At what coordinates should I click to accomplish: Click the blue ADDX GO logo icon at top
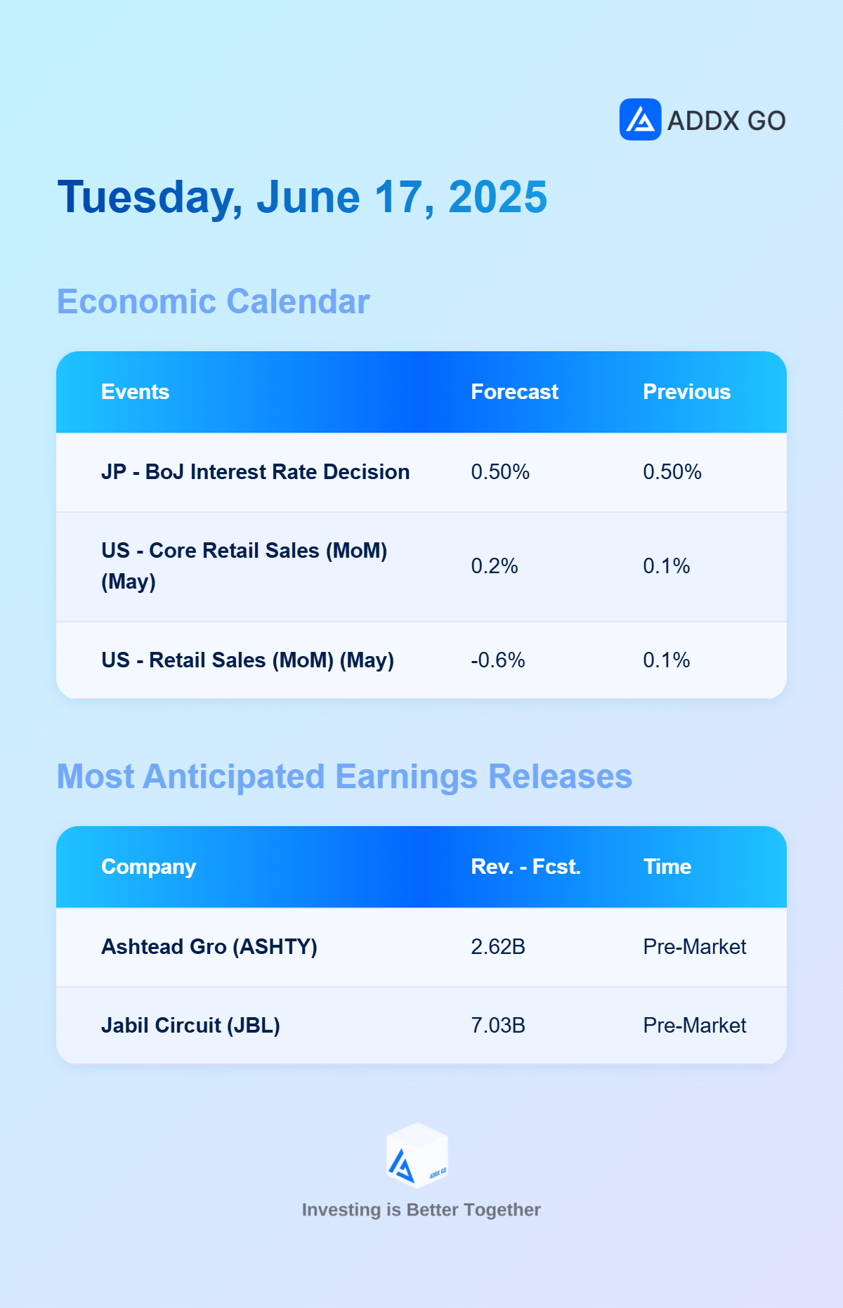[x=640, y=119]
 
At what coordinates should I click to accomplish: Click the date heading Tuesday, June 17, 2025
[x=302, y=197]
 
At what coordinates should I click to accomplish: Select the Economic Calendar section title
[x=213, y=302]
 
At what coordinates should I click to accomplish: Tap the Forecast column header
[x=514, y=392]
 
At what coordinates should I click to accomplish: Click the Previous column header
[x=686, y=392]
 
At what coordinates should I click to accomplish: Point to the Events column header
[x=135, y=392]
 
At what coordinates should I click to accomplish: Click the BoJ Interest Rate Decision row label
[x=255, y=472]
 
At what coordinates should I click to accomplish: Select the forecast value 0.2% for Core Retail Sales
[x=495, y=566]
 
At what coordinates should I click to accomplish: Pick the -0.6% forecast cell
[x=498, y=660]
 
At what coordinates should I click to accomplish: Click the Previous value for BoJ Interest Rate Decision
[x=672, y=472]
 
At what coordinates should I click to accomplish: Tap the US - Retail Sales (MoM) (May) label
[x=247, y=660]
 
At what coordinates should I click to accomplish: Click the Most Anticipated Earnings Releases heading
[x=344, y=777]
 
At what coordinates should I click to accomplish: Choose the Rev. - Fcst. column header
[x=525, y=867]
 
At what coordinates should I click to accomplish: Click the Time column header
[x=667, y=867]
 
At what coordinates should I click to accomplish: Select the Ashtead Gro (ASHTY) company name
[x=209, y=947]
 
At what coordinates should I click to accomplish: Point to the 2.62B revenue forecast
[x=498, y=947]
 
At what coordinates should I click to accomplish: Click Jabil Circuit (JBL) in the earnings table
[x=190, y=1026]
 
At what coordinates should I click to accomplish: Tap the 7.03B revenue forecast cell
[x=498, y=1026]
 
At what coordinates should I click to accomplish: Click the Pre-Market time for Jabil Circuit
[x=695, y=1026]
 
